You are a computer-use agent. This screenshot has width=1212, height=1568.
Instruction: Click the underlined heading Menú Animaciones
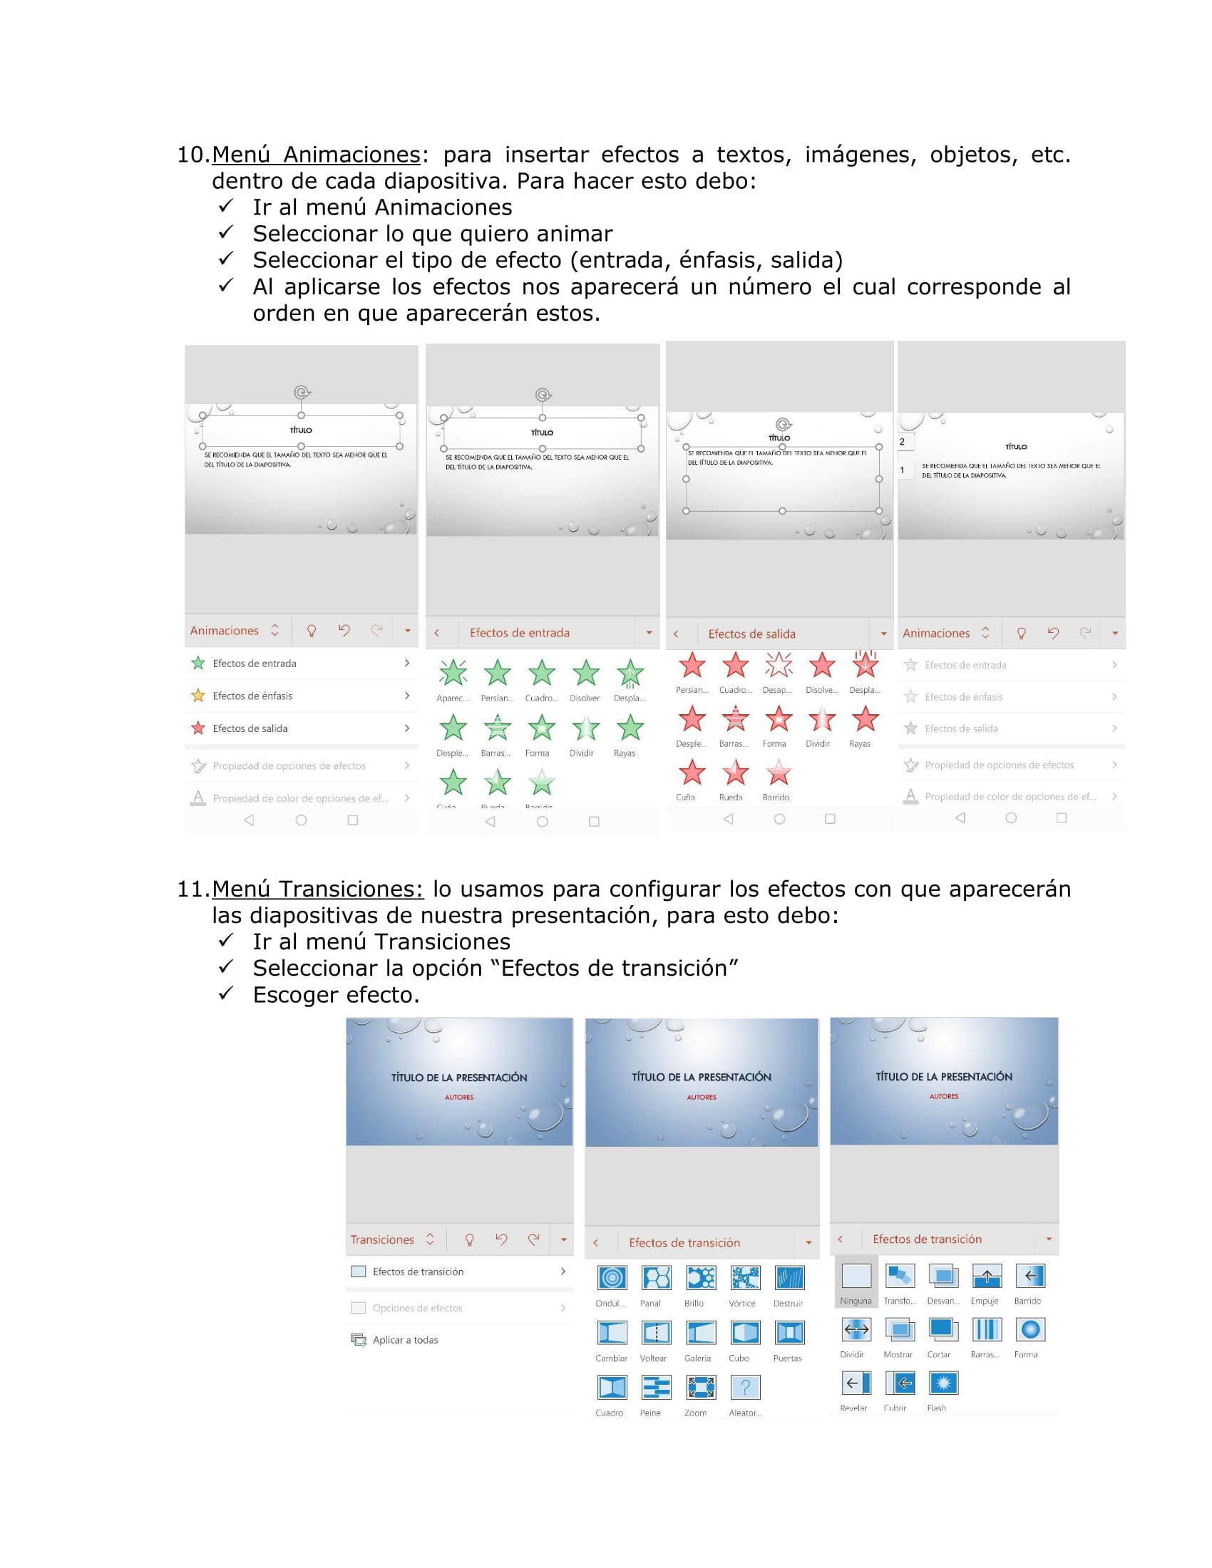(316, 155)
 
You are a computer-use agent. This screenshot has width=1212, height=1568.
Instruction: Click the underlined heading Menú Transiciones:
(317, 889)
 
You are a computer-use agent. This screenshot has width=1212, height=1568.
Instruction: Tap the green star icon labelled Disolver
(586, 674)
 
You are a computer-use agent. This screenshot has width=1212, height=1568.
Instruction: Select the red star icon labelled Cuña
(692, 773)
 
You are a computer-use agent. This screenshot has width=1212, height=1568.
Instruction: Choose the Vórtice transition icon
(745, 1278)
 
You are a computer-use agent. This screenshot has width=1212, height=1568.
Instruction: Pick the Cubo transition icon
(745, 1333)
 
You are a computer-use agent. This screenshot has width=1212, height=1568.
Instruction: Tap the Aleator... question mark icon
(745, 1387)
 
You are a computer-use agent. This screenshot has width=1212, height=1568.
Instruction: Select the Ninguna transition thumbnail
(856, 1276)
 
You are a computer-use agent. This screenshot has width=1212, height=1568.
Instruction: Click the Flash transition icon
(943, 1383)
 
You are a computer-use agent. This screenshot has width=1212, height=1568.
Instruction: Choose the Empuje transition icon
(987, 1276)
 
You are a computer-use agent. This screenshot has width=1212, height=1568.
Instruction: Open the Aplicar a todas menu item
(405, 1340)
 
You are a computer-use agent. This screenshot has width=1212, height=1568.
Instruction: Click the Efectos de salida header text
(751, 634)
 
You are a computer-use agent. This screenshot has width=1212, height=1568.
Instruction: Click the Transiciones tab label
(382, 1240)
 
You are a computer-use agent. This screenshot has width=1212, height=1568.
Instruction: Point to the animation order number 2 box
(903, 443)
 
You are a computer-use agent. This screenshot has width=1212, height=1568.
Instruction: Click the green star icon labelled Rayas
(630, 728)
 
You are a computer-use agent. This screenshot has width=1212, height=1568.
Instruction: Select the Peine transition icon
(656, 1387)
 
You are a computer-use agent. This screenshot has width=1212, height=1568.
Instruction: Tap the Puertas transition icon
(789, 1333)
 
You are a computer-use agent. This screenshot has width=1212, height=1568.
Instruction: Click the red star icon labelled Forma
(779, 718)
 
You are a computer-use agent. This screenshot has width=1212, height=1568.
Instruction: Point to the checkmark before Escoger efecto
(226, 993)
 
